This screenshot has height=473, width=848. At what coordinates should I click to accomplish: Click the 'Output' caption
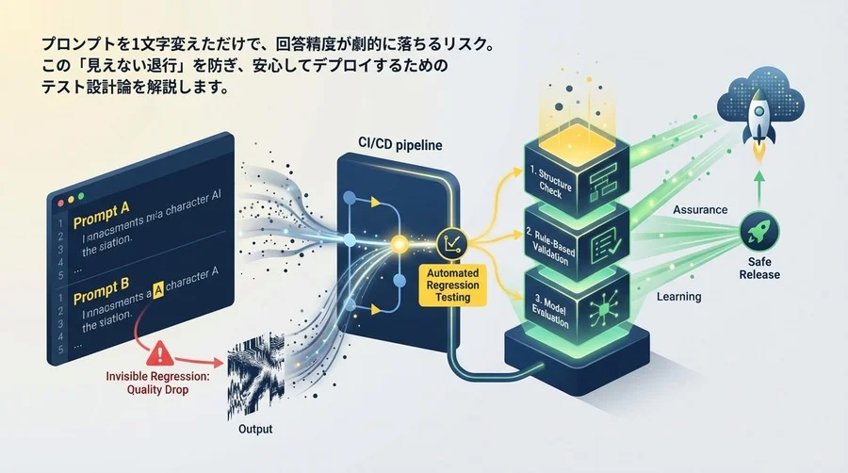[250, 430]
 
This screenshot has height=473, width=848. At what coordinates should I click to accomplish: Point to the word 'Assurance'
[700, 209]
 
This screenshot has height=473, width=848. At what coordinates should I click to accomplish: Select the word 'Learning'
[678, 297]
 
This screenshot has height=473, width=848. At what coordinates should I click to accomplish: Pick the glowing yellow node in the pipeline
[399, 244]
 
